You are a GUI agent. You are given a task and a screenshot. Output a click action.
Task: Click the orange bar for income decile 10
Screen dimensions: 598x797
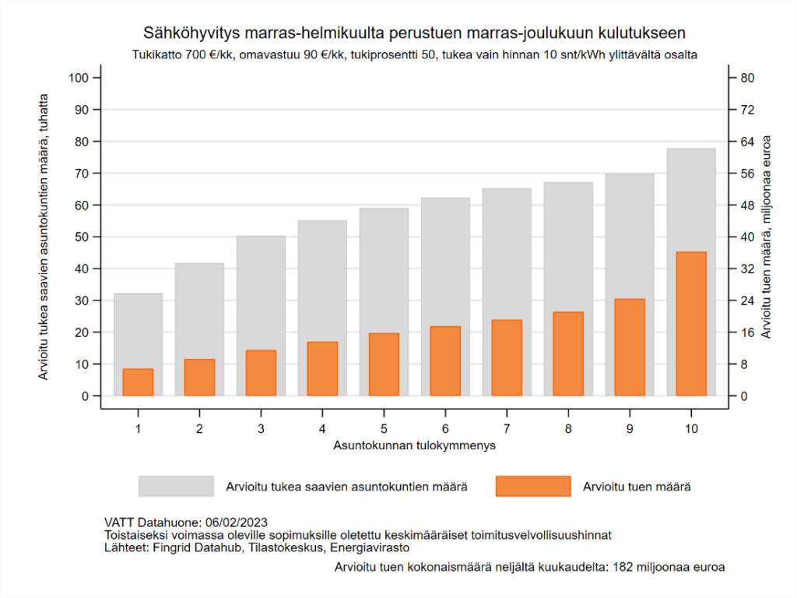691,324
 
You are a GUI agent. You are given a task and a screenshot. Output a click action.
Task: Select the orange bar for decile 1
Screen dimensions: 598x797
138,382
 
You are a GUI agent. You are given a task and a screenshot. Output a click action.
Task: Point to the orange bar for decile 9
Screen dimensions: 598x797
630,347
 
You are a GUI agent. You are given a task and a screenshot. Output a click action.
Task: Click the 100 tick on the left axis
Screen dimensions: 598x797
80,78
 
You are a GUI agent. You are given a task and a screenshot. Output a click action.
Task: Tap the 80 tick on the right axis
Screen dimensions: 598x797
747,78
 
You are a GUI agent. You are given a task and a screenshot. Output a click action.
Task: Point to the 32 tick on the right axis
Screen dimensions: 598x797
747,269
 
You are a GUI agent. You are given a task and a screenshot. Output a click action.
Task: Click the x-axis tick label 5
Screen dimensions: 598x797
384,429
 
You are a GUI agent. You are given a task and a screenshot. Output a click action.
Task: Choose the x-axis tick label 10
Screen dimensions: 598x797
691,429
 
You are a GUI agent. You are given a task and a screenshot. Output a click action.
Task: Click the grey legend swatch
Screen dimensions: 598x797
176,486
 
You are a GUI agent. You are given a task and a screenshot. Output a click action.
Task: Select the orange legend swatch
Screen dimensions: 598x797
533,486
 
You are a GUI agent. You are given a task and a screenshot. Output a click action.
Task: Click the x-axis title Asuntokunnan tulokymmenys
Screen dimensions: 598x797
415,446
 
